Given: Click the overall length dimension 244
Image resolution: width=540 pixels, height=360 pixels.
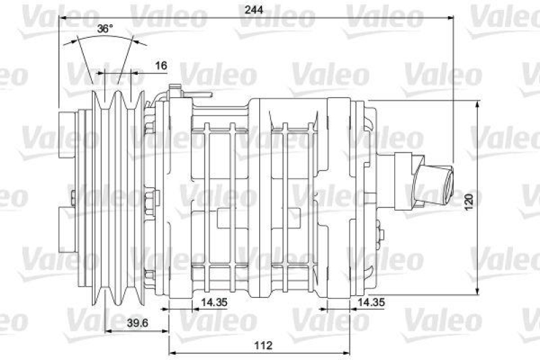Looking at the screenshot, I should (254, 9).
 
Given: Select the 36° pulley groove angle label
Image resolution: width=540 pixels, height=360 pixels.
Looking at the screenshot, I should (104, 29).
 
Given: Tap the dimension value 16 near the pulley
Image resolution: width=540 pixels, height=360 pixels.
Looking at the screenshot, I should (161, 66).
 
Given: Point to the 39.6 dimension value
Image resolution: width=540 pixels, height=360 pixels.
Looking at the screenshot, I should (137, 322).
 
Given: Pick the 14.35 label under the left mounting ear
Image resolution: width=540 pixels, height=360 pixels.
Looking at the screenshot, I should (212, 302).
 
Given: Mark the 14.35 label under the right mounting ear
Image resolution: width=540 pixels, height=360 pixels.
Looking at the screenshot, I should (371, 302).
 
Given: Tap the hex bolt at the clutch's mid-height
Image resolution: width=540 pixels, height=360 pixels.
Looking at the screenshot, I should (150, 199).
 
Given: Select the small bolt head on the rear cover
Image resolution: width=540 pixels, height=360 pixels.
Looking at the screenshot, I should (381, 236).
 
